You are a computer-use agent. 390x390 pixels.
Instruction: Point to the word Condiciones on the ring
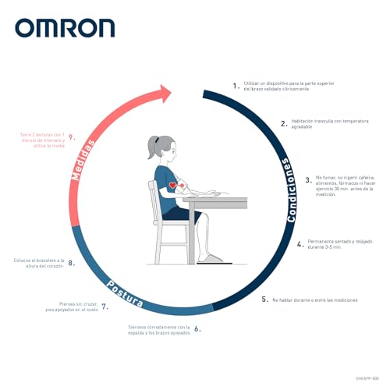click(x=289, y=191)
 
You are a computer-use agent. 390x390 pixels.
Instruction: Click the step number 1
click(x=235, y=85)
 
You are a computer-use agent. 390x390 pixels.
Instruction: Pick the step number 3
click(x=307, y=180)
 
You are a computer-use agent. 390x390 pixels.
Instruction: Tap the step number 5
click(x=264, y=299)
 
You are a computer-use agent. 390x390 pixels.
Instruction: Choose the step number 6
click(x=197, y=328)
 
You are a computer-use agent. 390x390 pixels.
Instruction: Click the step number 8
click(x=71, y=263)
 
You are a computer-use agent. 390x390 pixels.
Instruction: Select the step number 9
click(x=71, y=138)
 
